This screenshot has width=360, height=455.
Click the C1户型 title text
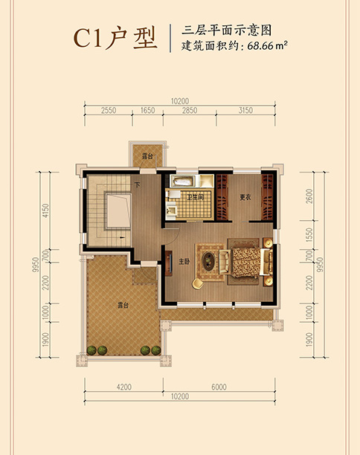115,39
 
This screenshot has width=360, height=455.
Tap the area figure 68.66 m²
267,46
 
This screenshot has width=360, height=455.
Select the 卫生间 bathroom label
196,197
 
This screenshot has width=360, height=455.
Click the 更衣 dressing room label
245,197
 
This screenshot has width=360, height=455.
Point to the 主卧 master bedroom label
184,262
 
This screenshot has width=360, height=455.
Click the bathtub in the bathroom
182,181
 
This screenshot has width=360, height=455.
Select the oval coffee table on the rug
208,262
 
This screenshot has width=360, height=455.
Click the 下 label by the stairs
138,184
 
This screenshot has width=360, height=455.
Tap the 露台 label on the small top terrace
147,156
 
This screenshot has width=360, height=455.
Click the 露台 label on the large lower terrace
123,306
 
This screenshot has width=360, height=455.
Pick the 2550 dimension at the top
109,111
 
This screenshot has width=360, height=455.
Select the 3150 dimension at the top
245,111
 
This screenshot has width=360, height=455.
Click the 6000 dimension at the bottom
219,387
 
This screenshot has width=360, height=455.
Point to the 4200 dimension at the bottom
124,387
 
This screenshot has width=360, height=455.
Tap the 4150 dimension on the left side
45,211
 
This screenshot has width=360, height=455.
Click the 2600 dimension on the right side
309,196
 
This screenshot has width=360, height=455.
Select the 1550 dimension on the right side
309,235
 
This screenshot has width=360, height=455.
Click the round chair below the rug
198,283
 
